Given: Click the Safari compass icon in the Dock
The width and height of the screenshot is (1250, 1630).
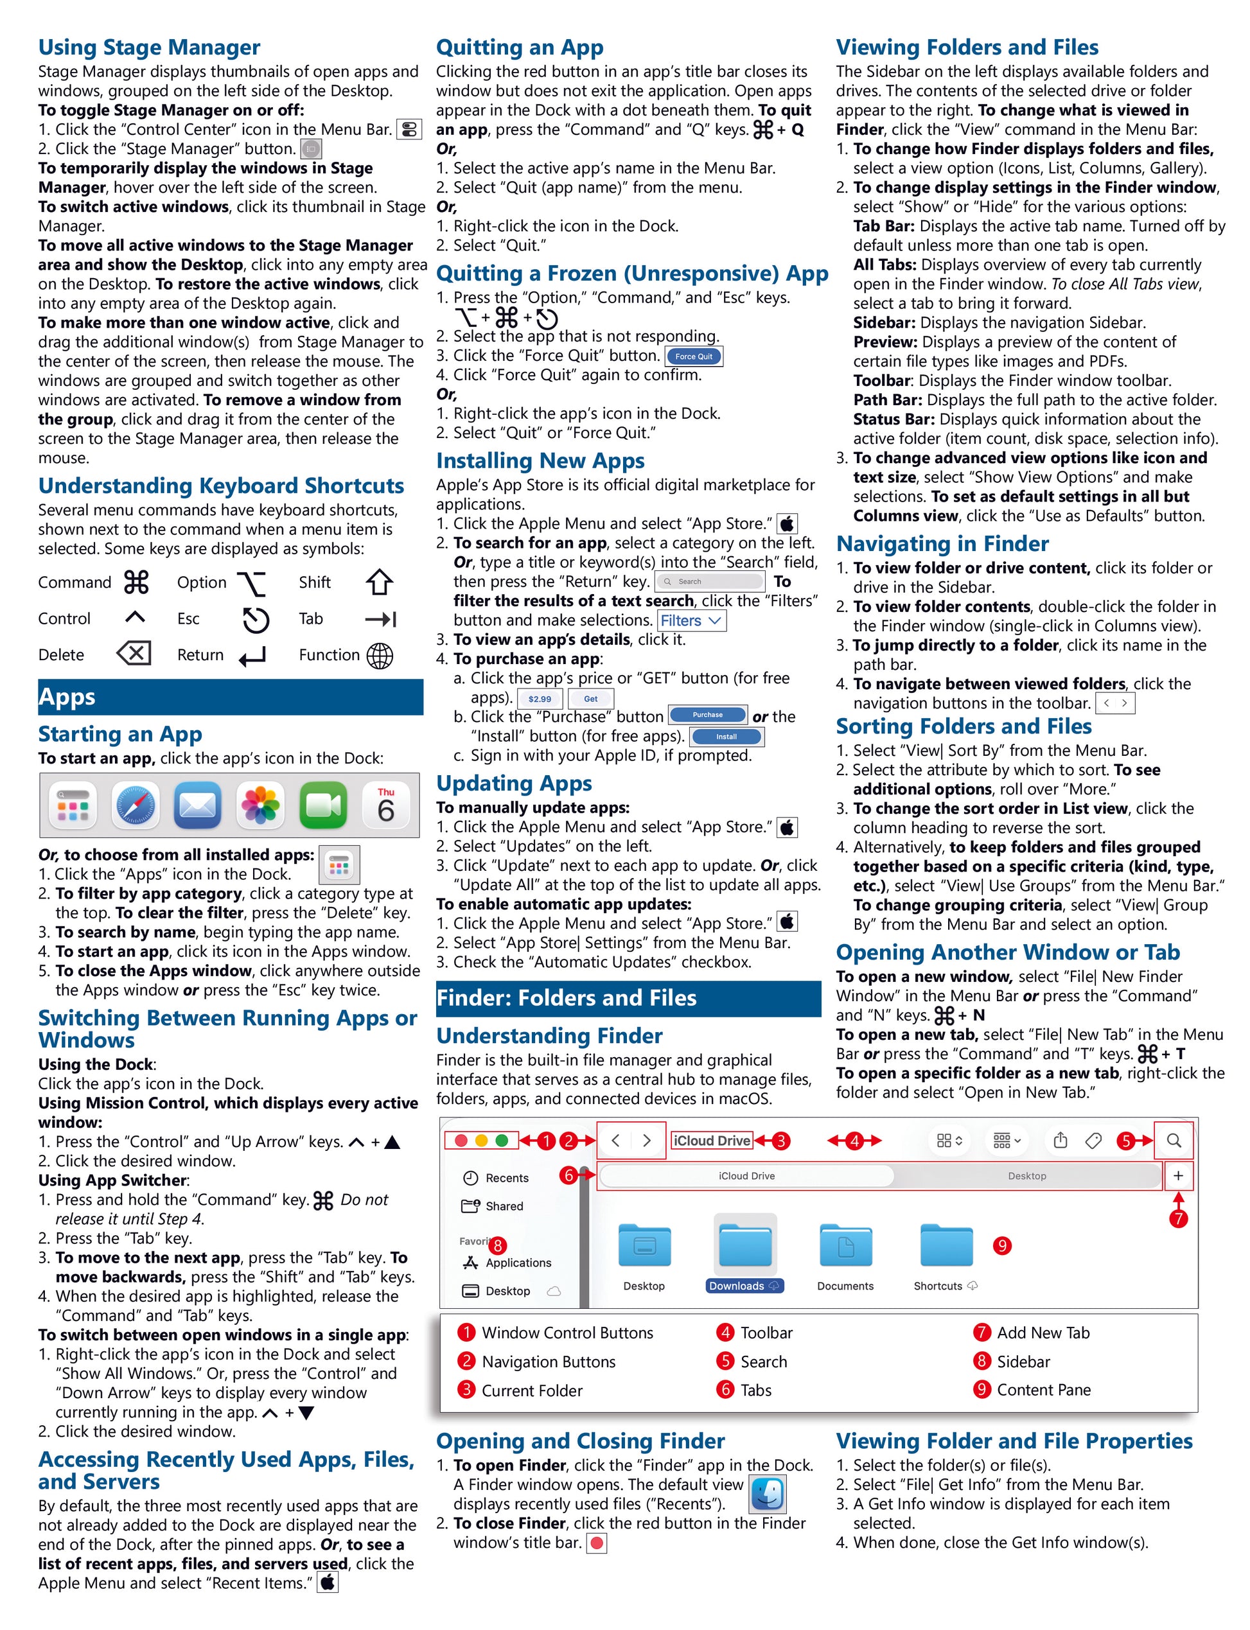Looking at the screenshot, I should (136, 807).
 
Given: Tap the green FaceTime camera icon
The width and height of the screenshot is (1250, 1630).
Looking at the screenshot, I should (323, 807).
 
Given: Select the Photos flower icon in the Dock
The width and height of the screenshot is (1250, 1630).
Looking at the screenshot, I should (260, 807).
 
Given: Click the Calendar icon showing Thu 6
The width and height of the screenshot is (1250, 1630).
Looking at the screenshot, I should (385, 807).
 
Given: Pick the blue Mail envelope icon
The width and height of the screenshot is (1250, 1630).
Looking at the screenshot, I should (198, 807).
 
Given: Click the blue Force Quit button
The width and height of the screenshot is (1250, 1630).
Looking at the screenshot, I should (694, 356).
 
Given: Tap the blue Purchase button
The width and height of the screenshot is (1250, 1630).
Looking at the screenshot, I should (708, 715).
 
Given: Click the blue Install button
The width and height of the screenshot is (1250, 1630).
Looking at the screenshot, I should (726, 737).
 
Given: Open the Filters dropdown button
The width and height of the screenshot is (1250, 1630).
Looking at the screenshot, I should (691, 620).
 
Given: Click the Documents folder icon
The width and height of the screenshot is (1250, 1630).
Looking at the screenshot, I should (845, 1246).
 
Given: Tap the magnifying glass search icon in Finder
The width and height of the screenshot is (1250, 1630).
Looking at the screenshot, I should (1174, 1141).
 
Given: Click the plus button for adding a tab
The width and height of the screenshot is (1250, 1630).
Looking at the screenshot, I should (1178, 1176).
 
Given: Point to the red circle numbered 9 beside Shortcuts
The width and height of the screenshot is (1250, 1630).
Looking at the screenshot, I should (1002, 1246).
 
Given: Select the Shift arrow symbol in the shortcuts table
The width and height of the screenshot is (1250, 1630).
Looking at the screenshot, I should (380, 583).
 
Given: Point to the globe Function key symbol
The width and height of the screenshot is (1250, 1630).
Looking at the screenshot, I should (380, 656).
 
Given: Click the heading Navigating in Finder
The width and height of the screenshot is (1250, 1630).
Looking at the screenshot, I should (942, 544).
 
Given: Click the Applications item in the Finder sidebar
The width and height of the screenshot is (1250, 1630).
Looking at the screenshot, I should (518, 1263).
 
